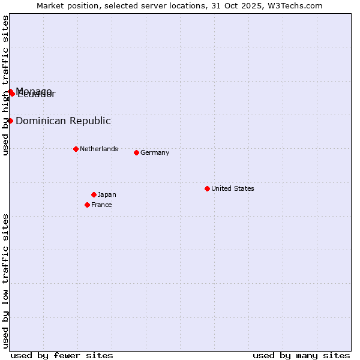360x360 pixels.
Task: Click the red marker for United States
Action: pyautogui.click(x=207, y=188)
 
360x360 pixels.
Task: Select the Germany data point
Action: pyautogui.click(x=136, y=152)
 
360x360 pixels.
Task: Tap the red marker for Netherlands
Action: pyautogui.click(x=76, y=149)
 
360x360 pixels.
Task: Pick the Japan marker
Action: pyautogui.click(x=94, y=194)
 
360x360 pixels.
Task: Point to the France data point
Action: pyautogui.click(x=87, y=205)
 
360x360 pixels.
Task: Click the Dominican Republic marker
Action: pyautogui.click(x=10, y=121)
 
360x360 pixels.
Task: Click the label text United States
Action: pyautogui.click(x=233, y=188)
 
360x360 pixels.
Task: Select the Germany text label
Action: pyautogui.click(x=155, y=152)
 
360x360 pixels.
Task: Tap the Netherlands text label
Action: pyautogui.click(x=99, y=149)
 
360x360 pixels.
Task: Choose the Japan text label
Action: pyautogui.click(x=107, y=194)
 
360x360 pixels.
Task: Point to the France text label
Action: pyautogui.click(x=101, y=205)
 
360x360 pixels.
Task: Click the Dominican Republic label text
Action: pyautogui.click(x=63, y=121)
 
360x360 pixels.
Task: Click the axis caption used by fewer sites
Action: pyautogui.click(x=62, y=355)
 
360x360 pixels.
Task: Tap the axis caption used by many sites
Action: pyautogui.click(x=301, y=355)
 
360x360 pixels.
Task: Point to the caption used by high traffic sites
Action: pyautogui.click(x=6, y=85)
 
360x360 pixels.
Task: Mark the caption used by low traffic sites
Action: pyautogui.click(x=6, y=281)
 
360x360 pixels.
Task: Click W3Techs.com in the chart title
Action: pyautogui.click(x=295, y=6)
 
